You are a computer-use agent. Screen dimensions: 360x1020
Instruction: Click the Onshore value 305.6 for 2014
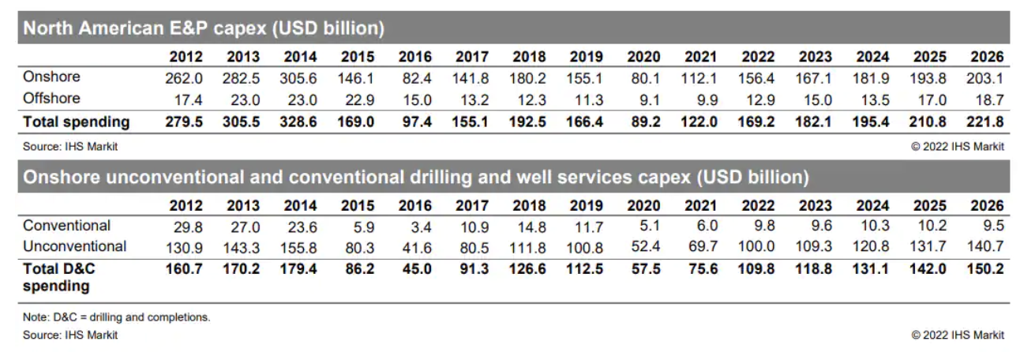pyautogui.click(x=300, y=78)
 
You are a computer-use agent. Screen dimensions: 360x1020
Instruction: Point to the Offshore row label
pyautogui.click(x=52, y=99)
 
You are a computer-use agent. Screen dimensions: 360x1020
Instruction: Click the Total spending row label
pyautogui.click(x=77, y=122)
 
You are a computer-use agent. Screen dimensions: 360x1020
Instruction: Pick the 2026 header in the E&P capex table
pyautogui.click(x=988, y=57)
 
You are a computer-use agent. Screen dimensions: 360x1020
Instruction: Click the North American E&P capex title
pyautogui.click(x=204, y=29)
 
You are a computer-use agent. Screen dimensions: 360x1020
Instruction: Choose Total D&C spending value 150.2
pyautogui.click(x=988, y=269)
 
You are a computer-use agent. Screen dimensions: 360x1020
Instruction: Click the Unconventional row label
pyautogui.click(x=74, y=246)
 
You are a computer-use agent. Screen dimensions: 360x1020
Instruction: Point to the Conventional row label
pyautogui.click(x=67, y=227)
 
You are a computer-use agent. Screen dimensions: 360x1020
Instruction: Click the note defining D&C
pyautogui.click(x=117, y=317)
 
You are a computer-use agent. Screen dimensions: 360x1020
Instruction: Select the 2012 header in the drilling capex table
pyautogui.click(x=186, y=206)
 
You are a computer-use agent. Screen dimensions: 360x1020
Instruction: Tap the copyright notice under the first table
pyautogui.click(x=958, y=146)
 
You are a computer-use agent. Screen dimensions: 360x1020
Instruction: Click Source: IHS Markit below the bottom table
pyautogui.click(x=70, y=335)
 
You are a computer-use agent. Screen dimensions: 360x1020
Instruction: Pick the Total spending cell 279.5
pyautogui.click(x=186, y=122)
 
